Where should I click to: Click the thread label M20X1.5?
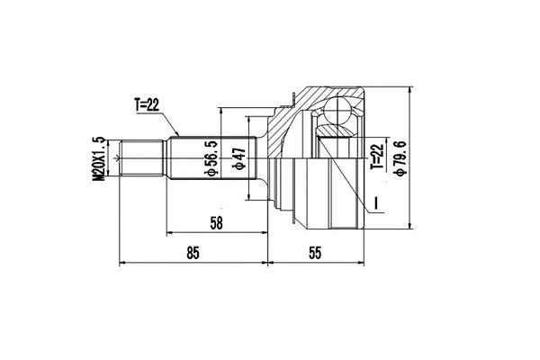click(x=100, y=158)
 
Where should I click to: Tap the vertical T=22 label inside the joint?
click(x=377, y=156)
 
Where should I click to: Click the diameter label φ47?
click(x=239, y=159)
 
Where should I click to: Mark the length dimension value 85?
click(x=193, y=253)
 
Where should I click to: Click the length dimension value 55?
click(x=314, y=253)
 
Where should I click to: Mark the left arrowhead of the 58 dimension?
click(x=169, y=233)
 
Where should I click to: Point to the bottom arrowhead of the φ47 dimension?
click(x=249, y=199)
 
